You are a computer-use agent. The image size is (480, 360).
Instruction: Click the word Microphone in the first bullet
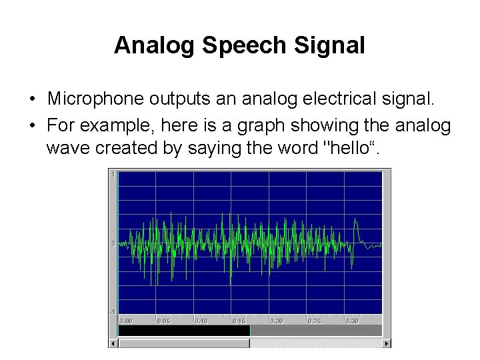pos(89,100)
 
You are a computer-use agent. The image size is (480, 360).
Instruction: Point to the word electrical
pos(331,100)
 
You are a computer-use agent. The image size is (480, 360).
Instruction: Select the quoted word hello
pos(350,147)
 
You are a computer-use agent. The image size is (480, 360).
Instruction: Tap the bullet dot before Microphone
pos(32,101)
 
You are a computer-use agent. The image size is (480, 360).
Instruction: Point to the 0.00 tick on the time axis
pos(125,321)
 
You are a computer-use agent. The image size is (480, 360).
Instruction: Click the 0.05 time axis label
pos(163,321)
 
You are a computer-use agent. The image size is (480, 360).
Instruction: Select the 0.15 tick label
pos(239,321)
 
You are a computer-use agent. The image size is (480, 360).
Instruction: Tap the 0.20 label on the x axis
pos(276,321)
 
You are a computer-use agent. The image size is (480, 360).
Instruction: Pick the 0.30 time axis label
pos(352,321)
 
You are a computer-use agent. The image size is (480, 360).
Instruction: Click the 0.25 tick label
pos(314,321)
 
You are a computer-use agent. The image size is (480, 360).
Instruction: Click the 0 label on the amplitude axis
pos(114,243)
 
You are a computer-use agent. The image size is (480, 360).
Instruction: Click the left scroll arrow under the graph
pos(113,343)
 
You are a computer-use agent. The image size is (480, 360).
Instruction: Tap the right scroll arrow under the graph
pos(387,343)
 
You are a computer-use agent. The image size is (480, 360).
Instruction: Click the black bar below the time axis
pos(183,330)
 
